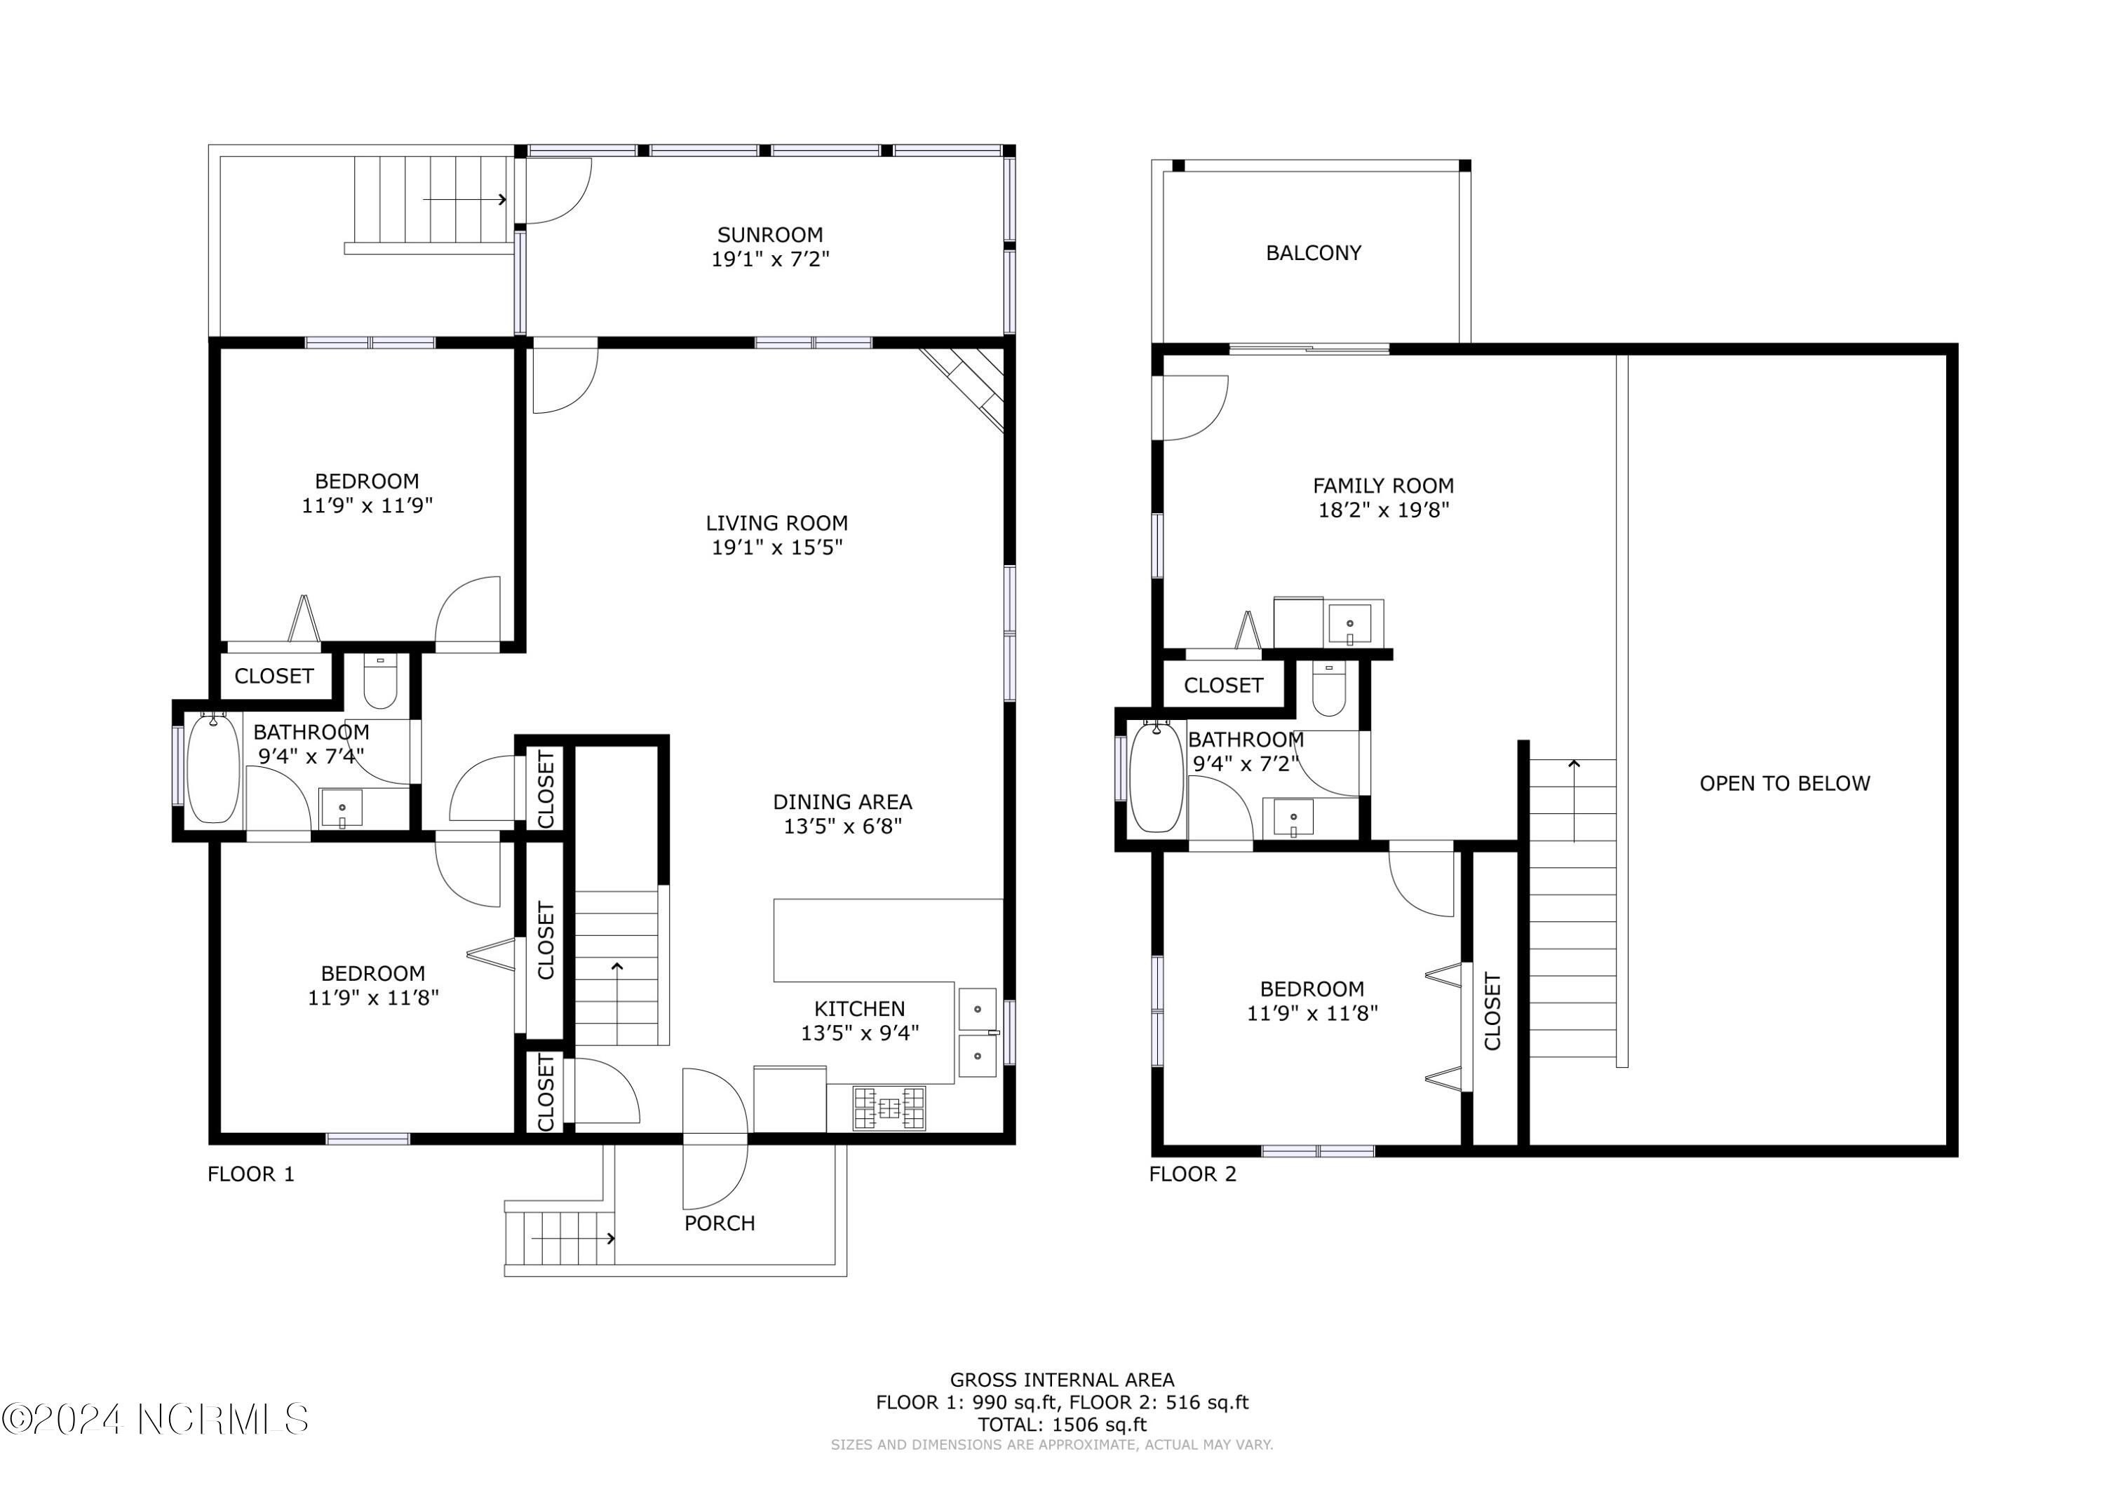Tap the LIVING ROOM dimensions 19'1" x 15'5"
click(x=777, y=547)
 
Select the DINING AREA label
click(x=842, y=801)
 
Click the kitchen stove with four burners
click(x=888, y=1108)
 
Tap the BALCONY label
click(x=1312, y=253)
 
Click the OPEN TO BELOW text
click(x=1783, y=783)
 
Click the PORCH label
click(x=720, y=1223)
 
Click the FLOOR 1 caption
click(x=251, y=1174)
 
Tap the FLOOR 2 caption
click(x=1192, y=1174)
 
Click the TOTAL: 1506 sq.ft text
click(x=1061, y=1425)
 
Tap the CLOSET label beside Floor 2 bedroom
click(x=1492, y=1012)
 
